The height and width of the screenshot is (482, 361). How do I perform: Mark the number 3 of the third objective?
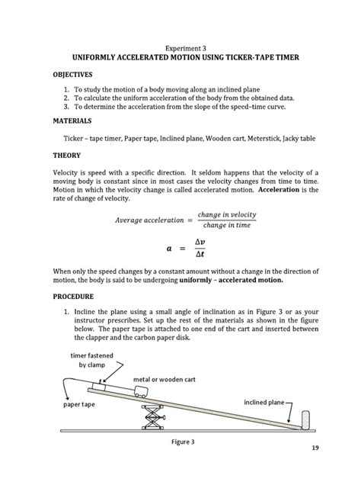click(x=66, y=108)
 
